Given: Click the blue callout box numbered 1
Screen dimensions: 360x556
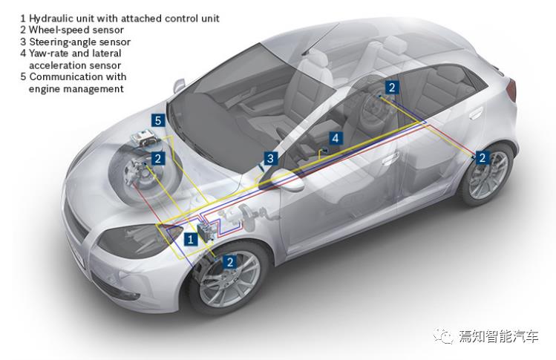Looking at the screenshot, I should click(190, 239).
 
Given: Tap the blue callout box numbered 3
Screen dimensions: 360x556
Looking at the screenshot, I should click(270, 158).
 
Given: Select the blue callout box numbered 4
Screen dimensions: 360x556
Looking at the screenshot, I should click(336, 138).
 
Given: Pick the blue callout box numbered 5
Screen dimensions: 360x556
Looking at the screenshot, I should click(157, 120).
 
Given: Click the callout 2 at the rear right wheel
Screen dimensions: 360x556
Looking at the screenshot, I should click(482, 157).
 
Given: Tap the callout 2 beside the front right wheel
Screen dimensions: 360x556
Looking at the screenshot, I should click(230, 262).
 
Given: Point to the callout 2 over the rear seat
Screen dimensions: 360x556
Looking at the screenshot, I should click(392, 88).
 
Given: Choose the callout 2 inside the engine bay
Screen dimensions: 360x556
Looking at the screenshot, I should click(157, 158).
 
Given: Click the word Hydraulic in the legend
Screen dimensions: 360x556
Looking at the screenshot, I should click(52, 17).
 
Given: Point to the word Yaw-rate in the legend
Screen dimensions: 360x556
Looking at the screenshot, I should click(50, 53).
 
